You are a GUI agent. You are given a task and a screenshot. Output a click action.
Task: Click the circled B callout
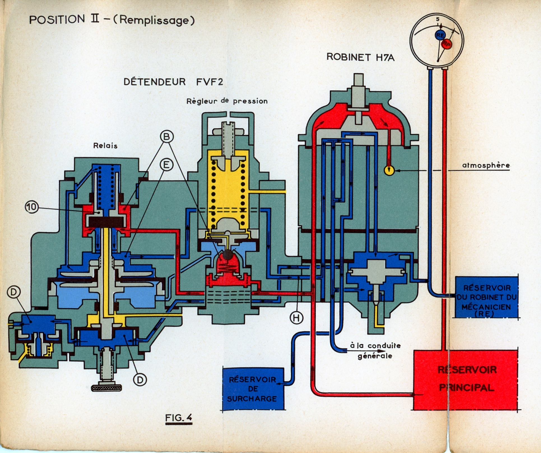pyautogui.click(x=167, y=137)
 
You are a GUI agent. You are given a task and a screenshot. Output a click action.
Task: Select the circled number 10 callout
pyautogui.click(x=32, y=207)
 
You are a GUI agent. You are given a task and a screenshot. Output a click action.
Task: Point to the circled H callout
pyautogui.click(x=296, y=318)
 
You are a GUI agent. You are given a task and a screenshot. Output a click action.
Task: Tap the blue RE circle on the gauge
pyautogui.click(x=440, y=35)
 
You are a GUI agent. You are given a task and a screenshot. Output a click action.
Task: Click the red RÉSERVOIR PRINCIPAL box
pyautogui.click(x=466, y=379)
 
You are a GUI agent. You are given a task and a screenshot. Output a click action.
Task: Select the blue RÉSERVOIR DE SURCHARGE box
pyautogui.click(x=253, y=389)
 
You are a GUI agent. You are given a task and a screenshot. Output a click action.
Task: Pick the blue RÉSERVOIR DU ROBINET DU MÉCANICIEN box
pyautogui.click(x=486, y=297)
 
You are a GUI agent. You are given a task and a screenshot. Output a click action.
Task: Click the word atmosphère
pyautogui.click(x=486, y=165)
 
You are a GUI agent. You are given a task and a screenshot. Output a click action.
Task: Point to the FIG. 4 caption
pyautogui.click(x=178, y=418)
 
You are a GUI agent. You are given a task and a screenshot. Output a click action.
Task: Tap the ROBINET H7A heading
pyautogui.click(x=360, y=57)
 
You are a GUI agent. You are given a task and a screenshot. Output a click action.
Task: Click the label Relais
pyautogui.click(x=105, y=146)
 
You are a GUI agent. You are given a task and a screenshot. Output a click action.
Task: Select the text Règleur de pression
pyautogui.click(x=227, y=101)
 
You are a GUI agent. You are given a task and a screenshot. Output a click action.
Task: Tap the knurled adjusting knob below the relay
pyautogui.click(x=106, y=388)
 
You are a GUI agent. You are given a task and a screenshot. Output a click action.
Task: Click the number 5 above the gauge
pyautogui.click(x=438, y=19)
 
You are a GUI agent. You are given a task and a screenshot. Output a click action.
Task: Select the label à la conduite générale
pyautogui.click(x=375, y=351)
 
